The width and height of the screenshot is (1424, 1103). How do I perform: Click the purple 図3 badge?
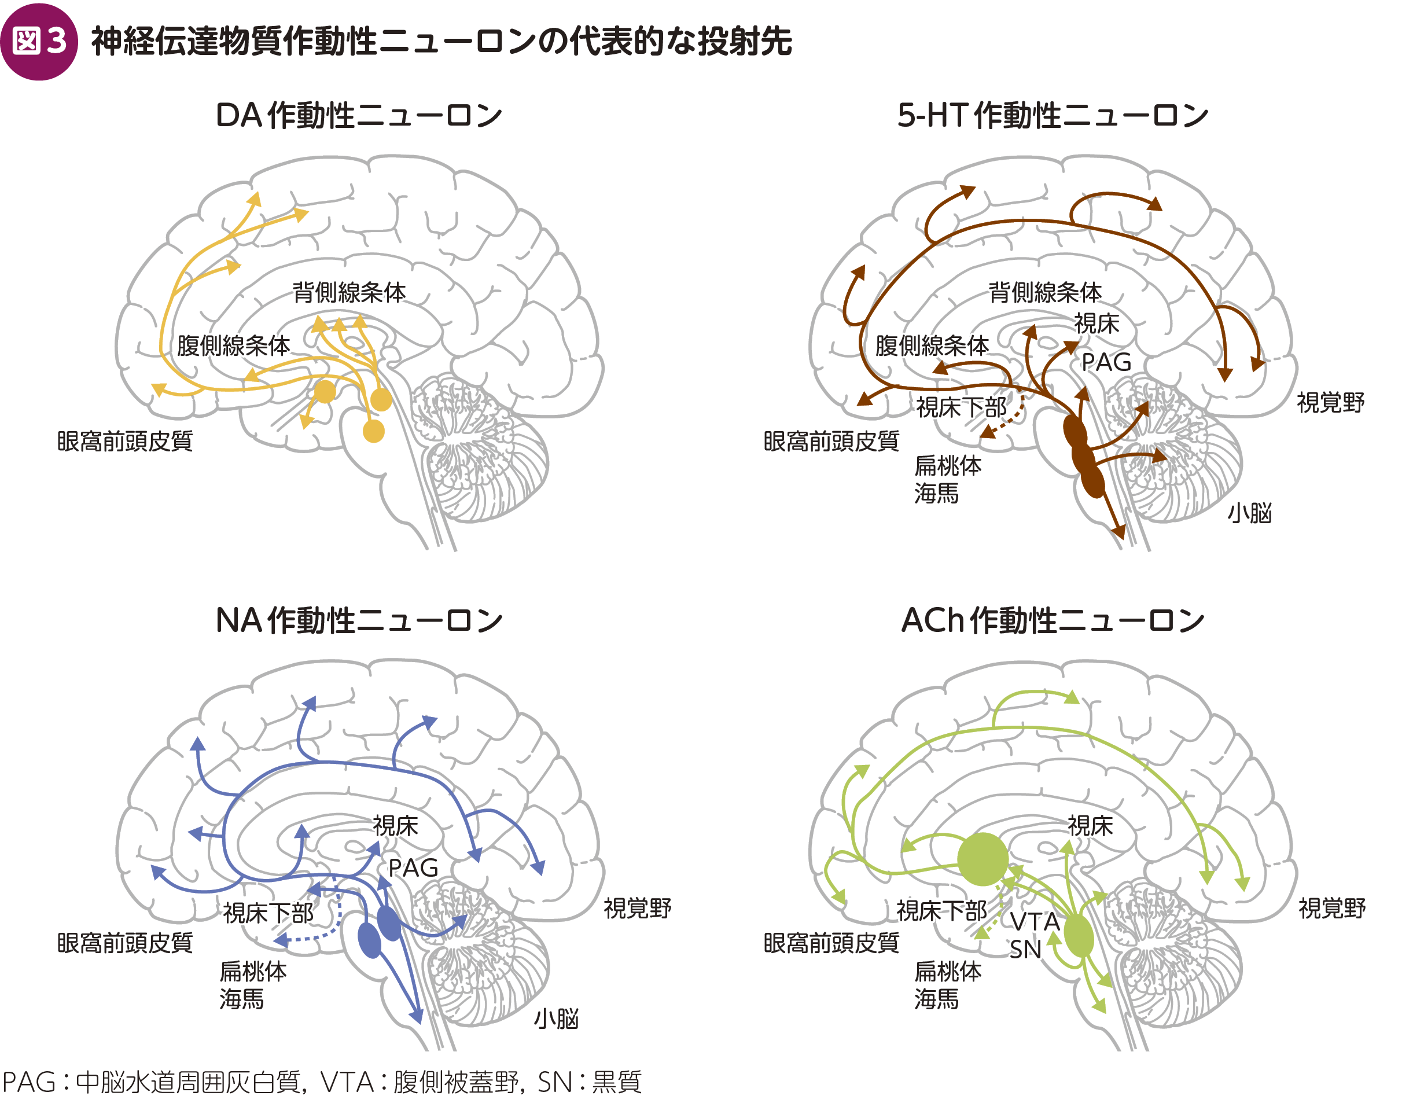(x=39, y=41)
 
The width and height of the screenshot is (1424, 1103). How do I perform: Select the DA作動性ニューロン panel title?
(x=358, y=116)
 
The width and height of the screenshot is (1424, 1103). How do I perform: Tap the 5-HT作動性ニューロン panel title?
(x=1053, y=116)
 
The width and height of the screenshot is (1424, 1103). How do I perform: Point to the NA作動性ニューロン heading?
(x=358, y=620)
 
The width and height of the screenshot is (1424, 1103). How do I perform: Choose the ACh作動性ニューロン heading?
(x=1053, y=620)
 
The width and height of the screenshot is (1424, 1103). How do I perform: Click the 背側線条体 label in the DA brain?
(x=349, y=292)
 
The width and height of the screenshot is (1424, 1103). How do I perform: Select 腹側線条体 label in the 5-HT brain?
(x=932, y=345)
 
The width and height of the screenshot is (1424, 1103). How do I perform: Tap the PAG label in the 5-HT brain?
(x=1106, y=363)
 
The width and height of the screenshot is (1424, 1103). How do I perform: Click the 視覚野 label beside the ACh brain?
(x=1331, y=908)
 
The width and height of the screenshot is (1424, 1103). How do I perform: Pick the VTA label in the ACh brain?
(x=1035, y=922)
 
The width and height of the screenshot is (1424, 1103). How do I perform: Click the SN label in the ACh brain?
(x=1025, y=950)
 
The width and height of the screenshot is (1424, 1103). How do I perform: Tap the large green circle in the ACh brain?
(x=983, y=859)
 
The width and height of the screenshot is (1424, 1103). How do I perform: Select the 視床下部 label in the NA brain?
(x=268, y=913)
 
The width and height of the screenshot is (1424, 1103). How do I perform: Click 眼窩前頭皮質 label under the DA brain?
(x=124, y=442)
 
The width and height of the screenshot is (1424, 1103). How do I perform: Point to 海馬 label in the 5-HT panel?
(x=936, y=494)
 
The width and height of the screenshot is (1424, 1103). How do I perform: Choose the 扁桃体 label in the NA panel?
(x=253, y=971)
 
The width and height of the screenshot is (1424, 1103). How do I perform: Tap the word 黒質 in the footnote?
(x=617, y=1082)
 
